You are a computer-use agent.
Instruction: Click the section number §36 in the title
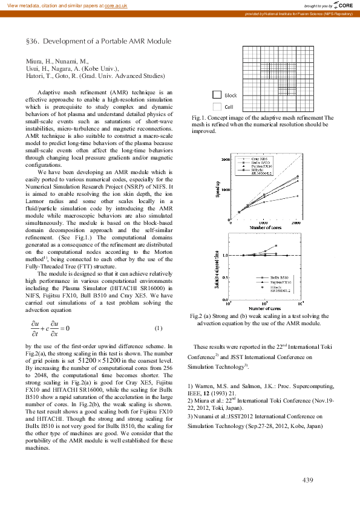pos(31,41)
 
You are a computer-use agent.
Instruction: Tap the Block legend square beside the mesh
pos(217,95)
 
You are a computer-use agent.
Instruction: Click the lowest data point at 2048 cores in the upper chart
pos(298,196)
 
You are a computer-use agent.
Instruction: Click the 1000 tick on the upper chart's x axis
pos(264,223)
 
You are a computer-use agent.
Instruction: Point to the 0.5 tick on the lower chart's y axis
pos(226,277)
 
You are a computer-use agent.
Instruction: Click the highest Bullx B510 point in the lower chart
pos(276,246)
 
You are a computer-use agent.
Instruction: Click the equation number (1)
pos(158,328)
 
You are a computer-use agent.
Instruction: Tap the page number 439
pos(307,480)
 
